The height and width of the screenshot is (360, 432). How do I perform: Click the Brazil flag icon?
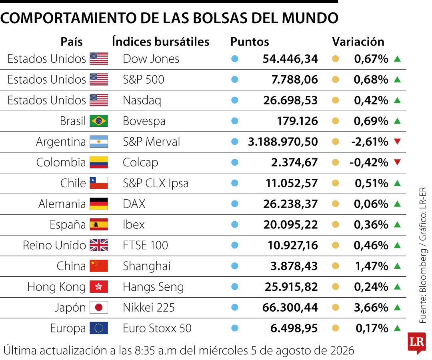[x=99, y=121]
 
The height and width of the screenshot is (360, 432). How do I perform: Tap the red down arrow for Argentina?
[x=397, y=142]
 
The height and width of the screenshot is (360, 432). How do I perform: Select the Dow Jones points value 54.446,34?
[x=290, y=59]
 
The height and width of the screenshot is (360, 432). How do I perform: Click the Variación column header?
[x=358, y=42]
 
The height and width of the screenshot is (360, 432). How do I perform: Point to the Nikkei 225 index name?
[x=149, y=307]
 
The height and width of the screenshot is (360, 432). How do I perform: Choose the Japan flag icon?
[x=99, y=307]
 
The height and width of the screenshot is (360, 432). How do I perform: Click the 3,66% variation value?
[x=371, y=307]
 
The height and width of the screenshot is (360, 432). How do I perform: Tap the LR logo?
[x=417, y=343]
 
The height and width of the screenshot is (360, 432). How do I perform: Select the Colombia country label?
[x=61, y=162]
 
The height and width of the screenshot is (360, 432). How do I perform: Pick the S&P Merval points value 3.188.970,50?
[x=283, y=142]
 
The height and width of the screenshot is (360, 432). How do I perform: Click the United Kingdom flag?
[x=99, y=245]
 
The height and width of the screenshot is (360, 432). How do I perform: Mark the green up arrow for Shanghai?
[x=397, y=266]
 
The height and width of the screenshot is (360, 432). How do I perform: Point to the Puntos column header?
[x=250, y=42]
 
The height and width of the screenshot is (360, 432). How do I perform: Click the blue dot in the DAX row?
[x=235, y=204]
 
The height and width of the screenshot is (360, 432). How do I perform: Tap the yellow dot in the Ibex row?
[x=335, y=224]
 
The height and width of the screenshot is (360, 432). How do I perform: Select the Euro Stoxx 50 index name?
[x=157, y=328]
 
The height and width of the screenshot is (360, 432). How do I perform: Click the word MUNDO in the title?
[x=310, y=18]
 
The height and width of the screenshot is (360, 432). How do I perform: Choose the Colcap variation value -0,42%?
[x=369, y=162]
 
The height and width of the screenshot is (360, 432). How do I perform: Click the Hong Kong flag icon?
[x=99, y=287]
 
